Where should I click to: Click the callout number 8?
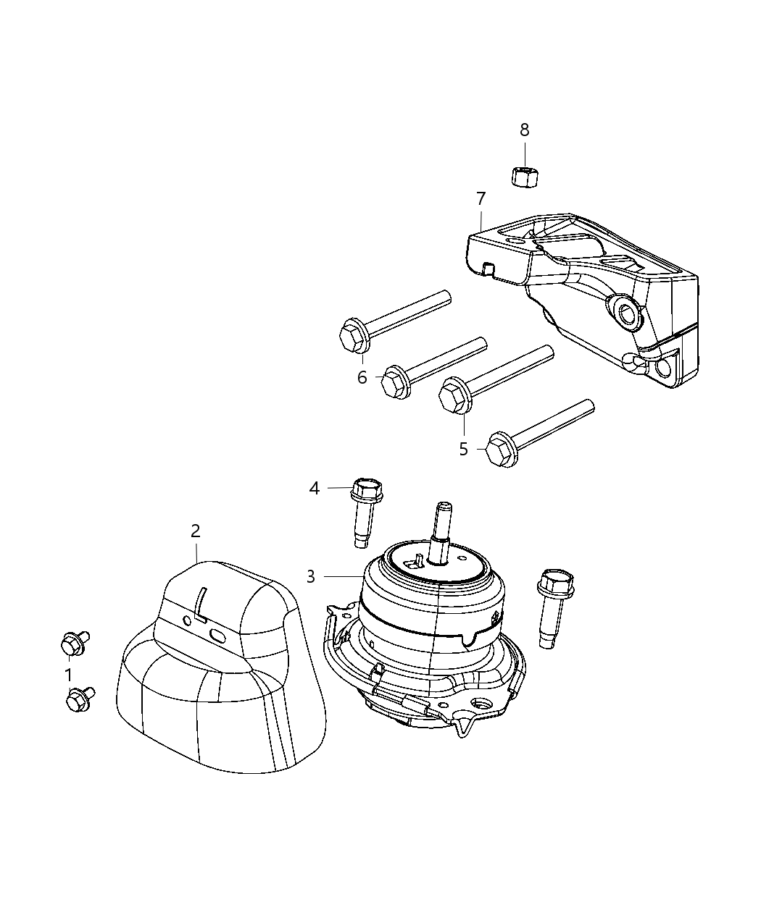tap(524, 130)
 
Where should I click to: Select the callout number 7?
tap(481, 198)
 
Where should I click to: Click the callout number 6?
tap(362, 377)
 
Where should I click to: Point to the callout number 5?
tap(464, 449)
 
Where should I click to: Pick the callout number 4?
tap(314, 489)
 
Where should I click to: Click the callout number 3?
tap(311, 576)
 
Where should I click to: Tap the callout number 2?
tap(196, 531)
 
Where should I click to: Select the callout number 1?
tap(69, 675)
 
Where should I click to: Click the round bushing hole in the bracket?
tap(625, 313)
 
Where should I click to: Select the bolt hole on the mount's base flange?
tap(480, 704)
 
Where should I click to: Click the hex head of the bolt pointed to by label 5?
tap(453, 397)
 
